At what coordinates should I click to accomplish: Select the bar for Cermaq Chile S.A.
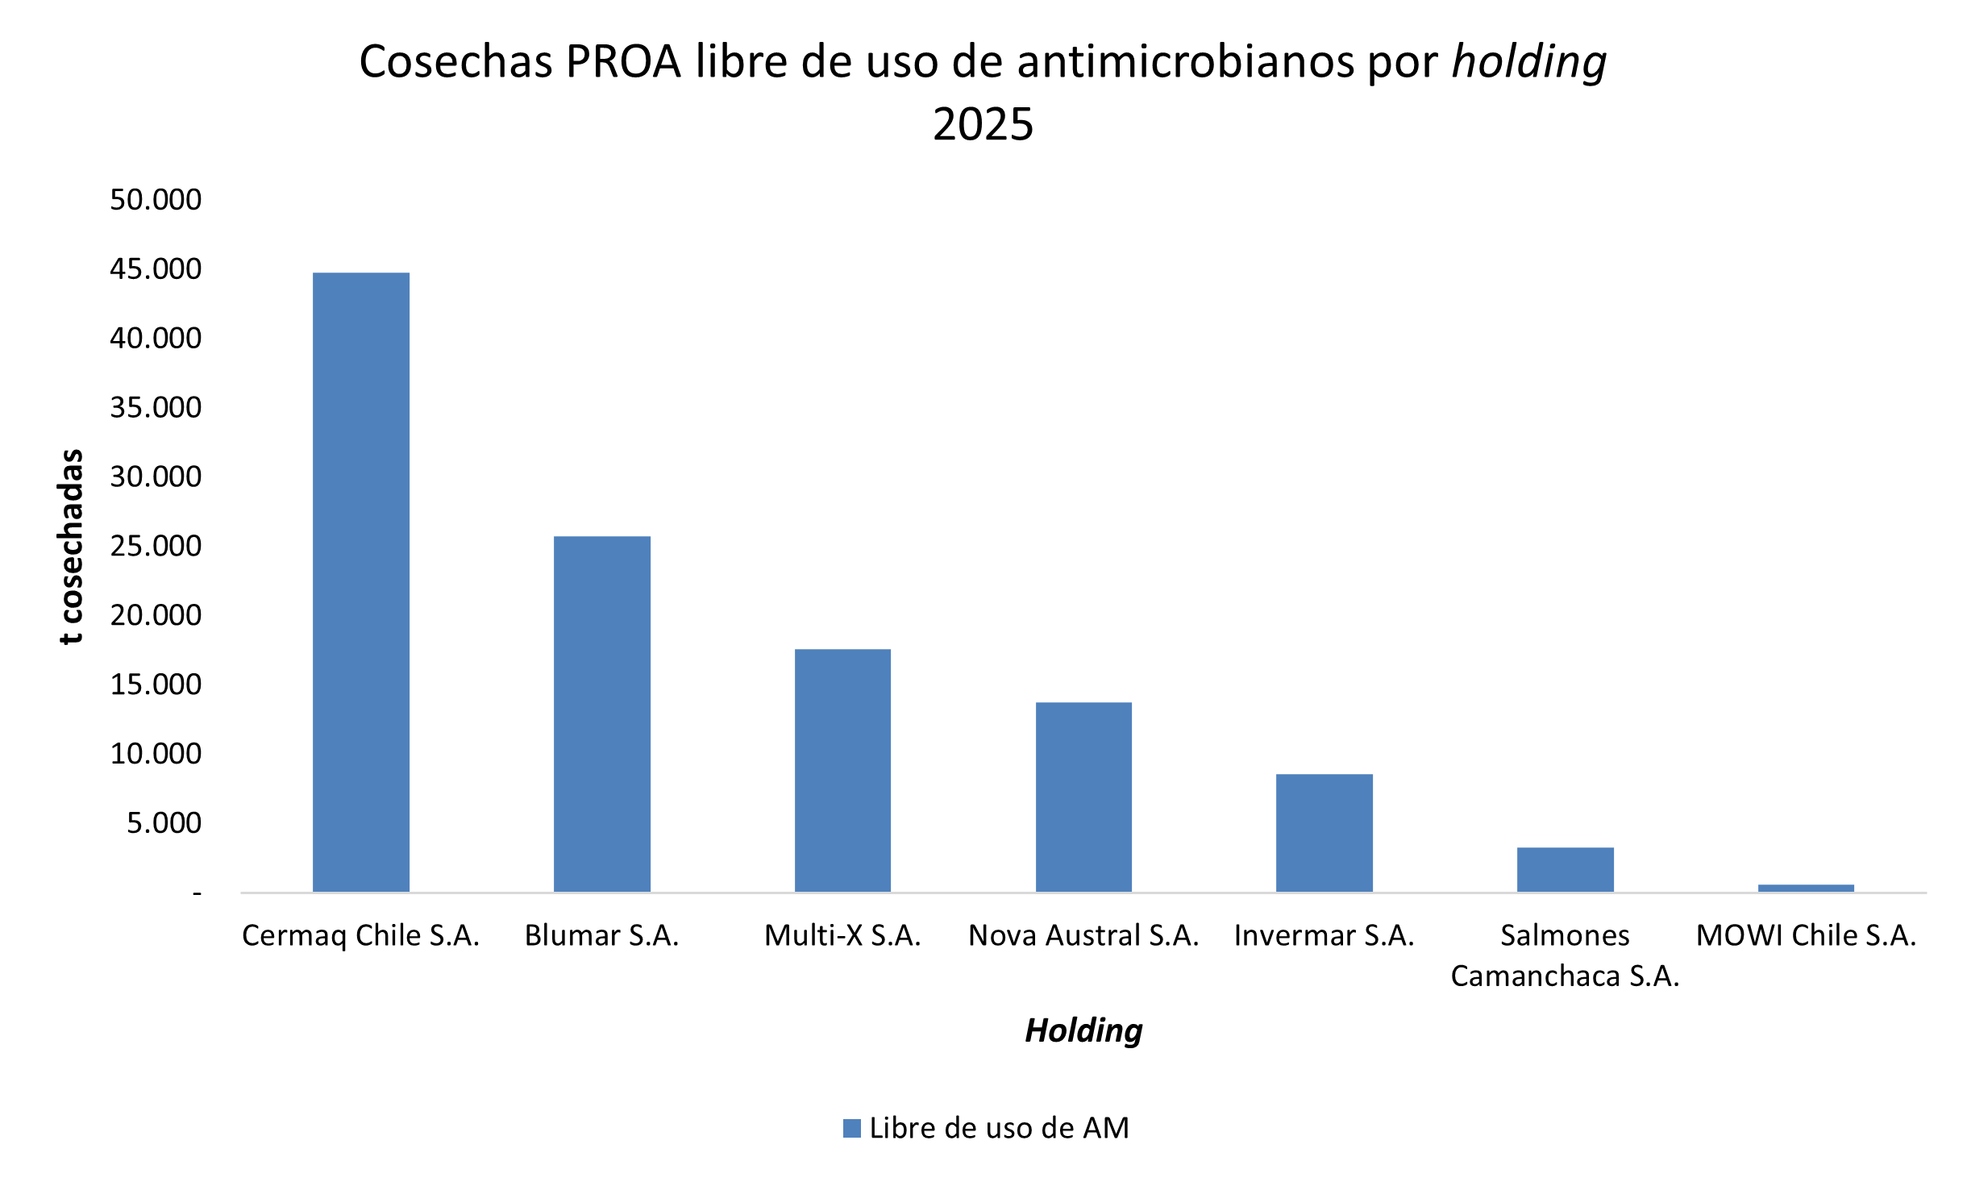pyautogui.click(x=360, y=581)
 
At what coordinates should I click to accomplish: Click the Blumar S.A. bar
pyautogui.click(x=601, y=714)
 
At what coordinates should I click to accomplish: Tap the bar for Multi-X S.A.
pyautogui.click(x=842, y=770)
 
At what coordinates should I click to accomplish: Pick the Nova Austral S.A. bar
pyautogui.click(x=1083, y=797)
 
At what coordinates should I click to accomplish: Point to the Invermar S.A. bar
pyautogui.click(x=1324, y=833)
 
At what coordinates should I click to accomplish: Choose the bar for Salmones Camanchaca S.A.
pyautogui.click(x=1565, y=869)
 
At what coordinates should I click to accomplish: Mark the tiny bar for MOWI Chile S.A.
pyautogui.click(x=1806, y=888)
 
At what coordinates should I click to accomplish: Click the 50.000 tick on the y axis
pyautogui.click(x=156, y=199)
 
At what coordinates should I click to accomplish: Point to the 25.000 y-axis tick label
pyautogui.click(x=156, y=546)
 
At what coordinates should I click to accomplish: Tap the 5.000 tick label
pyautogui.click(x=164, y=823)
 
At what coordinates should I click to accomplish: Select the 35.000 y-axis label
pyautogui.click(x=156, y=407)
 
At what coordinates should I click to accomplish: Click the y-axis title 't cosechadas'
pyautogui.click(x=71, y=546)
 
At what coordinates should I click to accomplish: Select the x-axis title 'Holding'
pyautogui.click(x=1083, y=1030)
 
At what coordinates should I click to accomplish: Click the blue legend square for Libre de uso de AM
pyautogui.click(x=851, y=1128)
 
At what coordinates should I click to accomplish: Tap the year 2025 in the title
pyautogui.click(x=983, y=124)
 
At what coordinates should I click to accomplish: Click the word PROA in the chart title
pyautogui.click(x=623, y=61)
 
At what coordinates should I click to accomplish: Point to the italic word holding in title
pyautogui.click(x=1528, y=61)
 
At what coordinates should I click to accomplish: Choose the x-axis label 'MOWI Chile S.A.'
pyautogui.click(x=1806, y=935)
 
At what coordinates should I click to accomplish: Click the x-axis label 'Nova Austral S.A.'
pyautogui.click(x=1083, y=935)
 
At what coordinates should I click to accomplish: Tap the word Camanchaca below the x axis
pyautogui.click(x=1535, y=976)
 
